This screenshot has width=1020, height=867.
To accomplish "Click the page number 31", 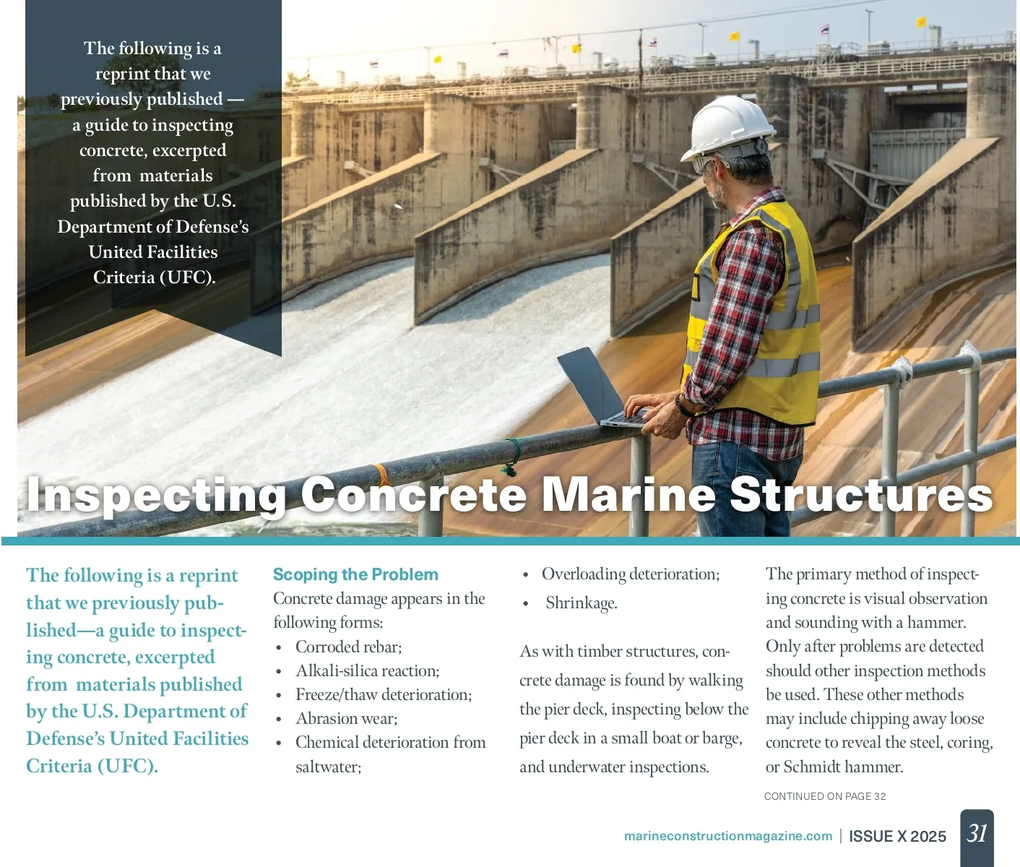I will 977,834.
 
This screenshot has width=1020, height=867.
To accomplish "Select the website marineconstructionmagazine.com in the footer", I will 727,836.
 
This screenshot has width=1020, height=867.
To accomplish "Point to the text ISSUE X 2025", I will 897,836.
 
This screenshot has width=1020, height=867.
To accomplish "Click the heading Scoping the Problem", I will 355,574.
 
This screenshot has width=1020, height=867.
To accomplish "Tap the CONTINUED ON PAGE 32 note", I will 825,796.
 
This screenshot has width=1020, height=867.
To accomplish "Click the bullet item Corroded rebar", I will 348,647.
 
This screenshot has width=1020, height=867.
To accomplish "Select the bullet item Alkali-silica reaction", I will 367,670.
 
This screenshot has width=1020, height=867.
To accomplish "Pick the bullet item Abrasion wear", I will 346,718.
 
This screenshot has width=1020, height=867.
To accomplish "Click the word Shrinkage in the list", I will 581,603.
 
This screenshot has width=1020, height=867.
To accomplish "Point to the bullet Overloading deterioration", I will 630,574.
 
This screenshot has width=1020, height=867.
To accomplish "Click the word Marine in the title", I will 628,495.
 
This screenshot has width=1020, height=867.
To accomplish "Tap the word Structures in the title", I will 861,495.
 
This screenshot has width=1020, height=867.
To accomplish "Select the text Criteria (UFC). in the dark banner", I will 154,277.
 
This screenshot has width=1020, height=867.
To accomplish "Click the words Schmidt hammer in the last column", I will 843,767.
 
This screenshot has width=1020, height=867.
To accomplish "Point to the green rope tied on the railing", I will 512,457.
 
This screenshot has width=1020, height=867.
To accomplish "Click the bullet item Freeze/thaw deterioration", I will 383,694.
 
